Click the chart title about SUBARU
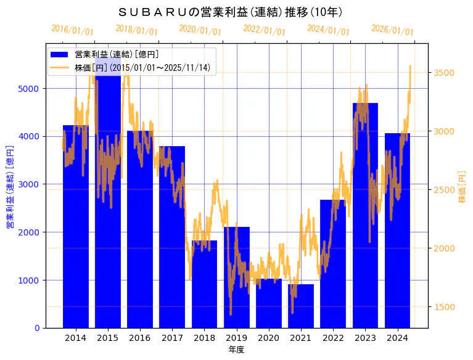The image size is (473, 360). click(230, 12)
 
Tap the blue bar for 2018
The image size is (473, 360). click(204, 290)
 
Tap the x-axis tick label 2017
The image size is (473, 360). click(172, 338)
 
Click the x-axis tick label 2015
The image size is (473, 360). click(108, 338)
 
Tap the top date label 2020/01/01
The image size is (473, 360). click(200, 30)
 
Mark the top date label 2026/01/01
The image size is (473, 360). click(392, 30)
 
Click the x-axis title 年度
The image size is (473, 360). click(236, 350)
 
